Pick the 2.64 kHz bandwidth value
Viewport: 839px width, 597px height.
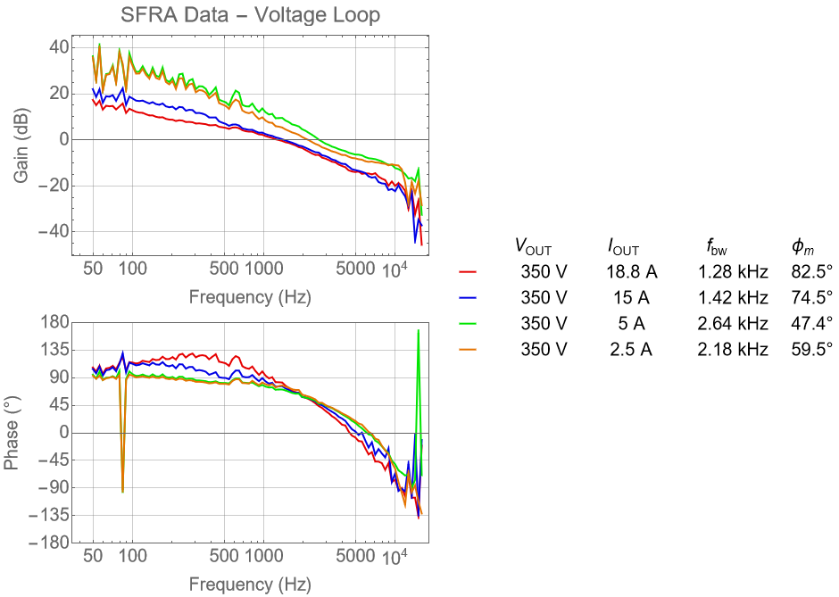pos(733,323)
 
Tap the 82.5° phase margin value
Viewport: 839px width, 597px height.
pos(810,271)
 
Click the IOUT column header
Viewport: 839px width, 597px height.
pos(623,246)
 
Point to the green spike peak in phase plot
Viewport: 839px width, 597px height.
pos(418,331)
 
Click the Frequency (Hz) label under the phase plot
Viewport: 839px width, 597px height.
pos(249,585)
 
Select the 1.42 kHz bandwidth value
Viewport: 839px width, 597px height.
pos(733,297)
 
